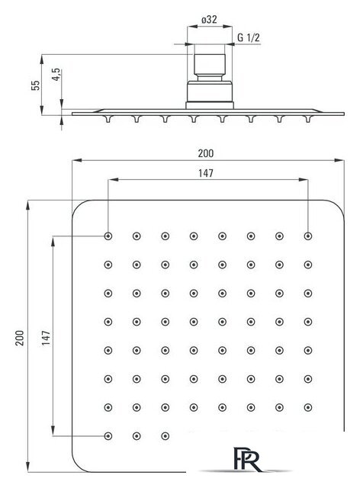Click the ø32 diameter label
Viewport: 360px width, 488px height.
pyautogui.click(x=209, y=20)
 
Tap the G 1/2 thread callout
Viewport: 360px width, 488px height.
pyautogui.click(x=248, y=37)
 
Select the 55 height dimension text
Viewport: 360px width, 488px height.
pyautogui.click(x=36, y=85)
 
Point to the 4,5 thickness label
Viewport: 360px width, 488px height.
pyautogui.click(x=56, y=75)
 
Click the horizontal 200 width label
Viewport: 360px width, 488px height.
pyautogui.click(x=206, y=153)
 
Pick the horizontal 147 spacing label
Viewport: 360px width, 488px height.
pyautogui.click(x=206, y=173)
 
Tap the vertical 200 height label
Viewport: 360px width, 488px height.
pyautogui.click(x=19, y=338)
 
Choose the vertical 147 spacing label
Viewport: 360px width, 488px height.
pyautogui.click(x=46, y=338)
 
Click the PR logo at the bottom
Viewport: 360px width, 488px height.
pyautogui.click(x=247, y=459)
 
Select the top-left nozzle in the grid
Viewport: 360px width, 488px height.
pyautogui.click(x=108, y=236)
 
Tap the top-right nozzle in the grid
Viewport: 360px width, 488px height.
pyautogui.click(x=308, y=236)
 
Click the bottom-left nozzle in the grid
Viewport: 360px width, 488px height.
pyautogui.click(x=108, y=436)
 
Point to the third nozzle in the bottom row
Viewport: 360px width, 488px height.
pyautogui.click(x=166, y=436)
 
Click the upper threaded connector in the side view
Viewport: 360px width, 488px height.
pyautogui.click(x=210, y=65)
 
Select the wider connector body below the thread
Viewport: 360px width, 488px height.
pyautogui.click(x=210, y=91)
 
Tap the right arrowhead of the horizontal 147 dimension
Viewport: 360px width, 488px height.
pyautogui.click(x=304, y=180)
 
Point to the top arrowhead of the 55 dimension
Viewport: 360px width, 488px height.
pyautogui.click(x=42, y=59)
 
